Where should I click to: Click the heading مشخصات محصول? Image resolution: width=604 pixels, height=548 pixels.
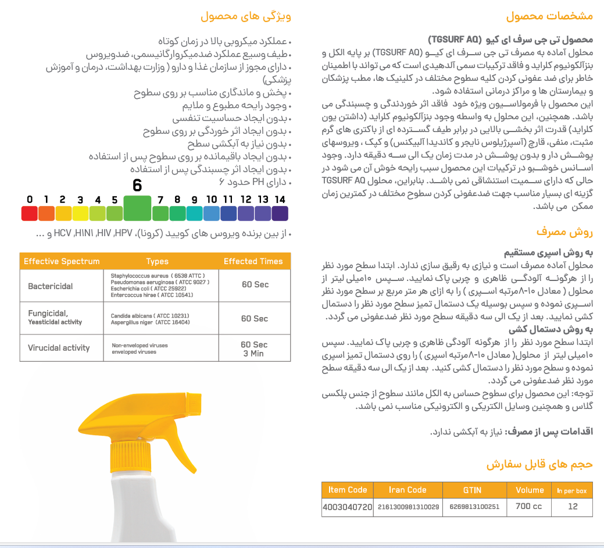point(549,16)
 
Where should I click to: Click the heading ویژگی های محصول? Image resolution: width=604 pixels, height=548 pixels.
point(245,16)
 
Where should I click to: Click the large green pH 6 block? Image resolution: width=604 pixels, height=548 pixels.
point(137,208)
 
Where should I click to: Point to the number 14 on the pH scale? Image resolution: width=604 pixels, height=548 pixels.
point(280,200)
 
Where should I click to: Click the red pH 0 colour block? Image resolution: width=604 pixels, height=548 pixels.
point(29,213)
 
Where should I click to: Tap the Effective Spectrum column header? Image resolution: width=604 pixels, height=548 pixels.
point(62,261)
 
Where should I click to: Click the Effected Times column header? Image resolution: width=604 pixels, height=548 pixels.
point(253,261)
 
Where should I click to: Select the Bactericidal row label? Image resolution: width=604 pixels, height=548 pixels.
point(51,286)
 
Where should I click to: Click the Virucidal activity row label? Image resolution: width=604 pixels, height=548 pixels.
point(59,348)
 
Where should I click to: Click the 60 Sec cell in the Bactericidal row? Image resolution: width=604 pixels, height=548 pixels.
point(255,284)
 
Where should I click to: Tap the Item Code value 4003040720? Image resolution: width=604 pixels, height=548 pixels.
point(347,507)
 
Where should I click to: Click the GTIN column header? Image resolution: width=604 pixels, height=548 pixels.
point(472,490)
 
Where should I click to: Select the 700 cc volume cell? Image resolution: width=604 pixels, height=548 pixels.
point(528,507)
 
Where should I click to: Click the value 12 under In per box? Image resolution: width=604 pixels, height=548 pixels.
point(573,507)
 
